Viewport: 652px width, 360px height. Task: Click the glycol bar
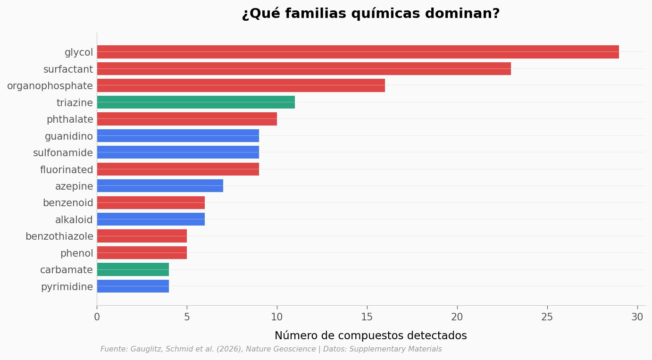(x=358, y=52)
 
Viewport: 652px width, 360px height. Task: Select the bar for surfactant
(x=304, y=69)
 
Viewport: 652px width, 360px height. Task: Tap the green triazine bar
(x=196, y=102)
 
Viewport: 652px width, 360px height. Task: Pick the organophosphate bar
(x=241, y=85)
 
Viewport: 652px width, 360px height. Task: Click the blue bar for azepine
(x=160, y=186)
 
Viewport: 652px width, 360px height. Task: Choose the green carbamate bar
(x=133, y=269)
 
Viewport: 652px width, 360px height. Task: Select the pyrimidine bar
(x=133, y=286)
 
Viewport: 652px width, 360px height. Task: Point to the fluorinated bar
(x=178, y=169)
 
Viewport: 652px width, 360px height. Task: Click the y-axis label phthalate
(x=70, y=119)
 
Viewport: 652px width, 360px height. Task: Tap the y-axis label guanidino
(x=69, y=136)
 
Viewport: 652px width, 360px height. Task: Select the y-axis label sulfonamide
(x=63, y=153)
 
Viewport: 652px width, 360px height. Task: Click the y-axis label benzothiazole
(x=59, y=236)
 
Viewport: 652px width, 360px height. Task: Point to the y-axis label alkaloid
(x=74, y=220)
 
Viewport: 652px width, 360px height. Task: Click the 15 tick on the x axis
(x=367, y=317)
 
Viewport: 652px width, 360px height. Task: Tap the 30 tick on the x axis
(x=637, y=317)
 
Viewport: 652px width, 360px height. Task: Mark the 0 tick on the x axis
(x=97, y=317)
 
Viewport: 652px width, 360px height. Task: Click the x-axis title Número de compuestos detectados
(x=370, y=335)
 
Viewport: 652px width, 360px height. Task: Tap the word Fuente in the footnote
(x=113, y=349)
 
